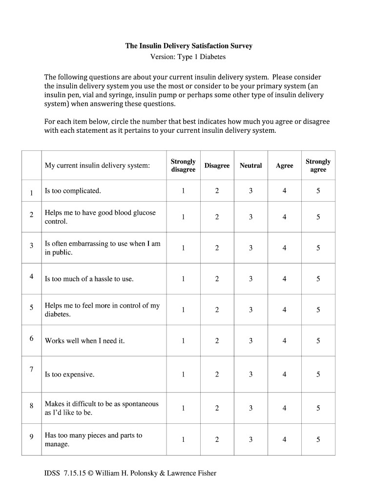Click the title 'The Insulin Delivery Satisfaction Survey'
tap(188, 46)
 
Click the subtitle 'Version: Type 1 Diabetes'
tap(188, 57)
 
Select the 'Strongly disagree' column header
tap(183, 166)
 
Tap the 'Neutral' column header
tap(251, 166)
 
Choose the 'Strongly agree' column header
tap(318, 166)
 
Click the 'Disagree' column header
tap(217, 166)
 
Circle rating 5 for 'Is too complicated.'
tap(318, 191)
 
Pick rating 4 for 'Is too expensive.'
tap(284, 375)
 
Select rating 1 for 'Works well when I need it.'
tap(183, 341)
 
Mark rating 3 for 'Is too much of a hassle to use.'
tap(251, 279)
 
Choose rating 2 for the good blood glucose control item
tap(217, 217)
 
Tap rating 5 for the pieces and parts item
tap(318, 439)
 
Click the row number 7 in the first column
tap(31, 369)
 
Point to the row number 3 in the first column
tap(31, 246)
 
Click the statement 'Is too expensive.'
tap(69, 375)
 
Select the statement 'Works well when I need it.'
tap(84, 341)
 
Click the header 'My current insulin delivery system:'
tap(97, 166)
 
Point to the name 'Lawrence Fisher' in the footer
tap(191, 473)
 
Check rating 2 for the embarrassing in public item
tap(217, 248)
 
